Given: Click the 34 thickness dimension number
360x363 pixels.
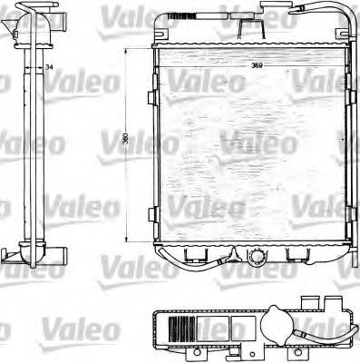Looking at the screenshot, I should [x=48, y=69].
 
